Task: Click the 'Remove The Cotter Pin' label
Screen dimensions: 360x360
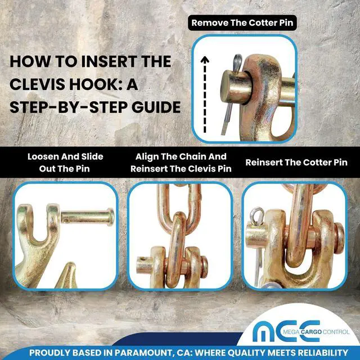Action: [x=242, y=22]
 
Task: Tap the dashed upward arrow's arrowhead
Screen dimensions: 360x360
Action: [x=205, y=60]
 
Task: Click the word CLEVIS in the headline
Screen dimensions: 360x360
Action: [x=38, y=84]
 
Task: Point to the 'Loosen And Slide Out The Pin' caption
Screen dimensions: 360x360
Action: [x=65, y=163]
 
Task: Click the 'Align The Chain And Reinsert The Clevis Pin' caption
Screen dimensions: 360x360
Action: [x=181, y=163]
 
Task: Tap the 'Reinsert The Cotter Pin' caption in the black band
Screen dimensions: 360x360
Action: [x=296, y=163]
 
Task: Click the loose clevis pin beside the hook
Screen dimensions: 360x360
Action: [x=88, y=217]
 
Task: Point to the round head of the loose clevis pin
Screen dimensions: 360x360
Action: [x=111, y=217]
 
